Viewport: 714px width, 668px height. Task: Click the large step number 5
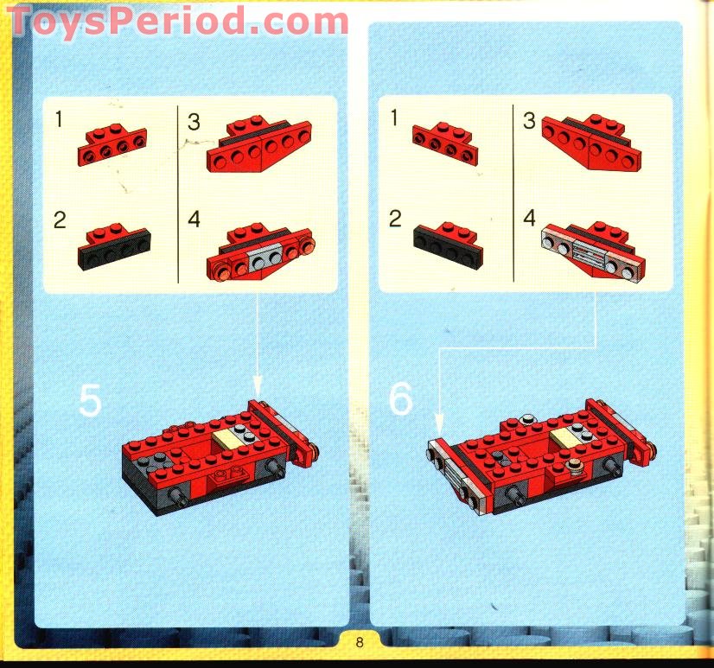click(x=90, y=400)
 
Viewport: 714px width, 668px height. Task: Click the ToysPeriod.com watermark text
click(x=177, y=20)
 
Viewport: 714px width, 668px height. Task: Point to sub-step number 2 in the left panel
click(x=59, y=219)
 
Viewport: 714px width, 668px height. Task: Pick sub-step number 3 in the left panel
click(x=194, y=123)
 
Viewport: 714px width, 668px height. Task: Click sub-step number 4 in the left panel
click(x=194, y=219)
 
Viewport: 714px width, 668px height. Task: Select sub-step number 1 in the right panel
click(x=395, y=118)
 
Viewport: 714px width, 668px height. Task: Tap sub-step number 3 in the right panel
click(x=529, y=120)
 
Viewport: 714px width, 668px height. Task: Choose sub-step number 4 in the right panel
click(x=529, y=217)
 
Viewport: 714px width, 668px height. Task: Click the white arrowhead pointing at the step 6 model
click(x=439, y=424)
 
